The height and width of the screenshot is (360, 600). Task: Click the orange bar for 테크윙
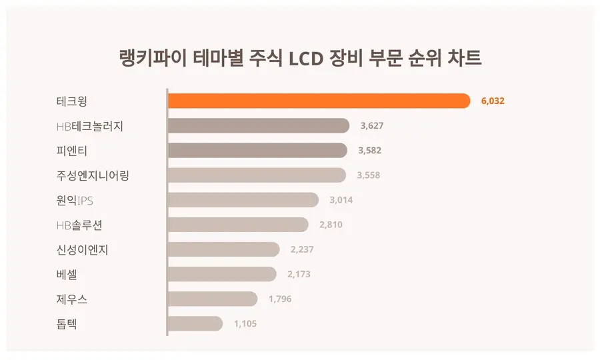(x=319, y=101)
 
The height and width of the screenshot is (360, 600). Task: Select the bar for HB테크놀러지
(x=259, y=125)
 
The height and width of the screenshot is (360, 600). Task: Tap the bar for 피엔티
(x=257, y=151)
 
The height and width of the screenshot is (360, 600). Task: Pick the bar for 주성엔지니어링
(x=257, y=175)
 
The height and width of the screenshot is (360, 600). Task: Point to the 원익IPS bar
(x=243, y=200)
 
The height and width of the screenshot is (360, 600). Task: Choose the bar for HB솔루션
(x=238, y=225)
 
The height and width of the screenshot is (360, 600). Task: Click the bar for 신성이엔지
(x=223, y=249)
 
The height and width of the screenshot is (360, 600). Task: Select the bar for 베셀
(x=221, y=274)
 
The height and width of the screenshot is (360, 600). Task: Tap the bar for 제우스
(x=212, y=299)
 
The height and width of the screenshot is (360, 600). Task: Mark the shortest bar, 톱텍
(x=195, y=323)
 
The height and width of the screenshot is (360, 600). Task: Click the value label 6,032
(x=492, y=101)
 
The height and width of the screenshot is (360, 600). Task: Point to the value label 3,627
(x=371, y=126)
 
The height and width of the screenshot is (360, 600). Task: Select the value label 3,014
(x=341, y=200)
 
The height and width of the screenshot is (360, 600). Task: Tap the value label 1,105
(x=245, y=324)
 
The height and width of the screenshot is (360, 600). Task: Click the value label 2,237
(x=302, y=250)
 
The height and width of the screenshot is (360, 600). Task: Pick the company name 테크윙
(x=72, y=101)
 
